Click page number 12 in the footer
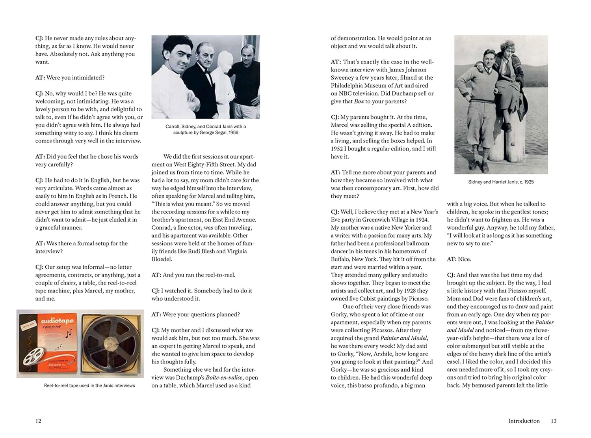click(x=38, y=421)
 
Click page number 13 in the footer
click(x=554, y=421)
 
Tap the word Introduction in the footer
click(x=524, y=421)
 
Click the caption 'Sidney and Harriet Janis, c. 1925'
click(x=501, y=182)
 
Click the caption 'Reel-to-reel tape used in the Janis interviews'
click(x=89, y=386)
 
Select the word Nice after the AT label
click(x=465, y=259)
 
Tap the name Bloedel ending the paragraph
click(x=162, y=259)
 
